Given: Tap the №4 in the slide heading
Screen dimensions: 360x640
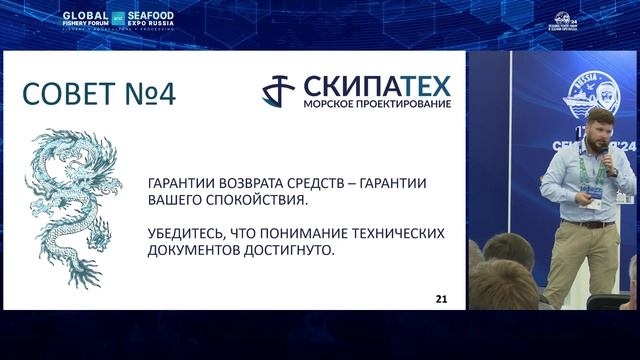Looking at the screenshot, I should pyautogui.click(x=150, y=94).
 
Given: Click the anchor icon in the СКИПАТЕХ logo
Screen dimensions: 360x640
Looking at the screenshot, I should pyautogui.click(x=278, y=91).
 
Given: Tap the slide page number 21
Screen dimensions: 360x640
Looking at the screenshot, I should pyautogui.click(x=441, y=299).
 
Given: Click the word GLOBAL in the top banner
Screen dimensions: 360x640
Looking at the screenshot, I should pyautogui.click(x=84, y=15).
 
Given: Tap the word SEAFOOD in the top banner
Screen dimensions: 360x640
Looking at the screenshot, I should pyautogui.click(x=150, y=15).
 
